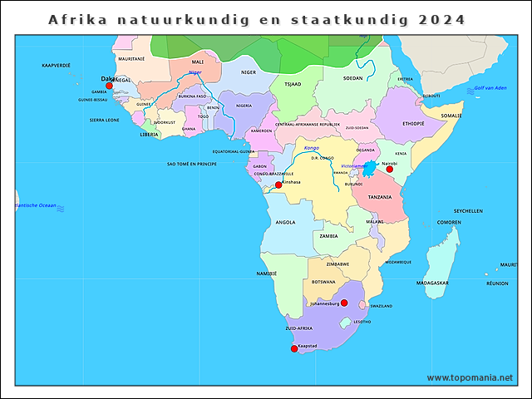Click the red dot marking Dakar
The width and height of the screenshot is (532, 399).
click(109, 85)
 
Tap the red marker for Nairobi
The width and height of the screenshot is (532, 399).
click(389, 169)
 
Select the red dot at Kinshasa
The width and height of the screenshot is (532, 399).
click(278, 185)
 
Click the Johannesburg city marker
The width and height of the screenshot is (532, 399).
click(344, 303)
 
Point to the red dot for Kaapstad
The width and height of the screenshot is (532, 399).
click(294, 348)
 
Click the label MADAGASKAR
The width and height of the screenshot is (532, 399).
click(432, 283)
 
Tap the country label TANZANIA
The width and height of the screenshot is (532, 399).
click(380, 197)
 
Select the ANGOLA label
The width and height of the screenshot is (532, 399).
click(285, 222)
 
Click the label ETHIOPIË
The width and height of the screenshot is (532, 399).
click(413, 123)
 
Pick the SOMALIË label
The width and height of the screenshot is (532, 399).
click(451, 116)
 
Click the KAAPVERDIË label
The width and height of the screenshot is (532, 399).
click(56, 64)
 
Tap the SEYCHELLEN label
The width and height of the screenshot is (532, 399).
click(468, 211)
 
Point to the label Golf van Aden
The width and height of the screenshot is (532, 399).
click(490, 87)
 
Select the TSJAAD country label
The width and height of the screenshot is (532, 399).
click(293, 84)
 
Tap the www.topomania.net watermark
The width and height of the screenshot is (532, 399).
click(470, 377)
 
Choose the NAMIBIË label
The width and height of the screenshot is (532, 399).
click(267, 273)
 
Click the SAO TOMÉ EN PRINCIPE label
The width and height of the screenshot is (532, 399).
click(192, 165)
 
